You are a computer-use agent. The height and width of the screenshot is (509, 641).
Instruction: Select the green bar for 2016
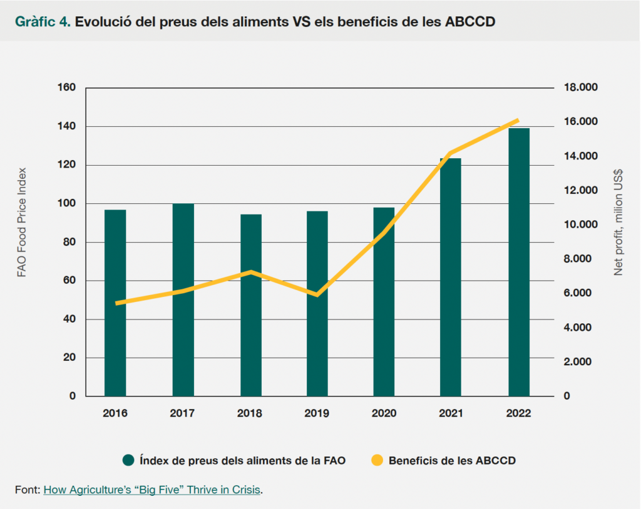115,303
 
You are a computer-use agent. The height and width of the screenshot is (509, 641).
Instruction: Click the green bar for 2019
317,303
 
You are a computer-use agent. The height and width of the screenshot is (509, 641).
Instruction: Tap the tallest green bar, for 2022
519,262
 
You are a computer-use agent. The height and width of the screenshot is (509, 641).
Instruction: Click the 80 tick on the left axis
69,242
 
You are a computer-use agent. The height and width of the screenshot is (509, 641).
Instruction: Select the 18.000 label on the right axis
582,88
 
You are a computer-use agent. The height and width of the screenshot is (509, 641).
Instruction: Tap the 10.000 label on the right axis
582,224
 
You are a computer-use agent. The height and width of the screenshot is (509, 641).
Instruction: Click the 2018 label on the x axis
250,413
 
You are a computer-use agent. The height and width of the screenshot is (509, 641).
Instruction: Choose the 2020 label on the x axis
384,413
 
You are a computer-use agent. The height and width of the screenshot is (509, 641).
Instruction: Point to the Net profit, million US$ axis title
618,222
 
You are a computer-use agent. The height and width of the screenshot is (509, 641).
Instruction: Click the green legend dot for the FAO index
129,461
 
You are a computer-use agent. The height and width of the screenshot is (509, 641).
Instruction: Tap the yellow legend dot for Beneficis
377,461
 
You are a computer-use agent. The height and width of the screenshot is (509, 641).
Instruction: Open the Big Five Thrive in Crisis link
151,490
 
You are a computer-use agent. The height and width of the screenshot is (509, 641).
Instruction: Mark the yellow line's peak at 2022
518,120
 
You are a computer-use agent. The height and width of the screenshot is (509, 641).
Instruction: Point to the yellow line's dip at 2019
317,295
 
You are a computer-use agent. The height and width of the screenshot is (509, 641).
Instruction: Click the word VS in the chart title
302,22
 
